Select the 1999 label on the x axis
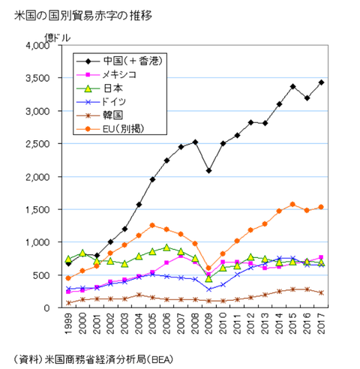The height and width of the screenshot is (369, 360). coord(69,324)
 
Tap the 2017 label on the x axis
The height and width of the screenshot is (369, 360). coord(322,324)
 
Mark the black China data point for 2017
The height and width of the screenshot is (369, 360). coord(322,82)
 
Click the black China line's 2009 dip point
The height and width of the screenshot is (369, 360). coord(209,171)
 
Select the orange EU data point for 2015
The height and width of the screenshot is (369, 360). coord(293,204)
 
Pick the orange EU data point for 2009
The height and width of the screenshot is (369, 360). coord(209,268)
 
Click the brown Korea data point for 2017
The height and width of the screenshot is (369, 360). coord(322,292)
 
